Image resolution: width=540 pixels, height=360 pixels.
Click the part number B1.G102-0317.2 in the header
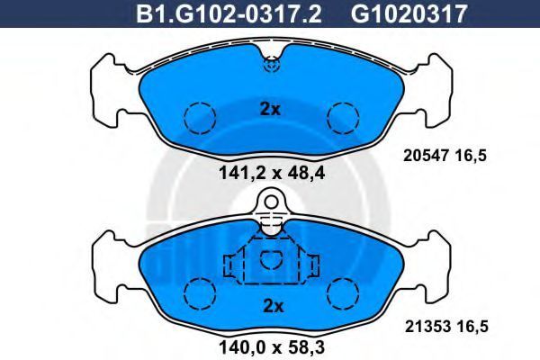(x=229, y=13)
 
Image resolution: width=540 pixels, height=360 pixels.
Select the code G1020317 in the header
(x=409, y=13)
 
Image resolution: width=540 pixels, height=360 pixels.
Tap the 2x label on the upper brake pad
(x=270, y=110)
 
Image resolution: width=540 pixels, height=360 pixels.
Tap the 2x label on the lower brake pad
(x=273, y=306)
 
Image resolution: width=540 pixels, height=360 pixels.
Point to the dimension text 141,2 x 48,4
(x=272, y=174)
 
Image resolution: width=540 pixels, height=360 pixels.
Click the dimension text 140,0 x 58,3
(x=272, y=347)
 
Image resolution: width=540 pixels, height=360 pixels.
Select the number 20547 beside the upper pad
(x=426, y=156)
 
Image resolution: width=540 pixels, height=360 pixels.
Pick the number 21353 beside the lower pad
(x=427, y=327)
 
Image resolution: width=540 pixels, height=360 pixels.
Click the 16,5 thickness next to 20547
(x=471, y=157)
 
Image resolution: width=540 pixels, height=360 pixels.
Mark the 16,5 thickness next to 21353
(x=472, y=327)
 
